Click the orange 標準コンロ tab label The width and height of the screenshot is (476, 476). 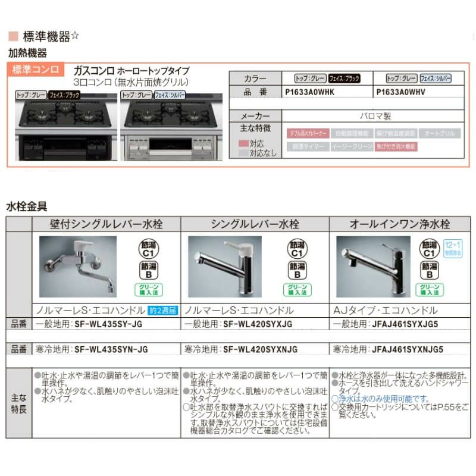(36, 70)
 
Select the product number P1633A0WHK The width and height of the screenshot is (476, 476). (310, 93)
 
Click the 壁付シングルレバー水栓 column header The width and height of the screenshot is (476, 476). (107, 224)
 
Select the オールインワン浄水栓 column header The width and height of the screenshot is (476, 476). (400, 224)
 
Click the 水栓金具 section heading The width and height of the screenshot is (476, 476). (26, 206)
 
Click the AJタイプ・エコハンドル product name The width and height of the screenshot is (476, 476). (387, 311)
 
